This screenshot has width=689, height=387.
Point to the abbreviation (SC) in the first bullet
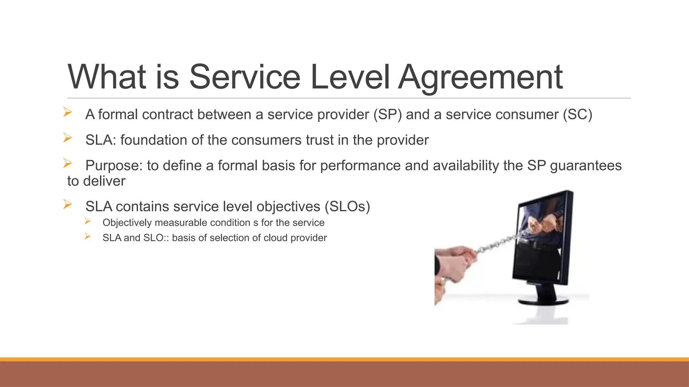[578, 115]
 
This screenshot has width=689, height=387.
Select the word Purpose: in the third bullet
[114, 166]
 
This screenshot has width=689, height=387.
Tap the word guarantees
[586, 166]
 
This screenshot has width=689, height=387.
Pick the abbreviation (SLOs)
[347, 207]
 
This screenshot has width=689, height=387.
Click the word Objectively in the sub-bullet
[127, 223]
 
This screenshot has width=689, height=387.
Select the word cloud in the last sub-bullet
[276, 238]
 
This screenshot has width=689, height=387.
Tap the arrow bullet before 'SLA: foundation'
[68, 138]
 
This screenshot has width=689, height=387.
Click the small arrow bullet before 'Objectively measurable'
[88, 221]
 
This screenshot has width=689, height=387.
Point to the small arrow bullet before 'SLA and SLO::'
[88, 236]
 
